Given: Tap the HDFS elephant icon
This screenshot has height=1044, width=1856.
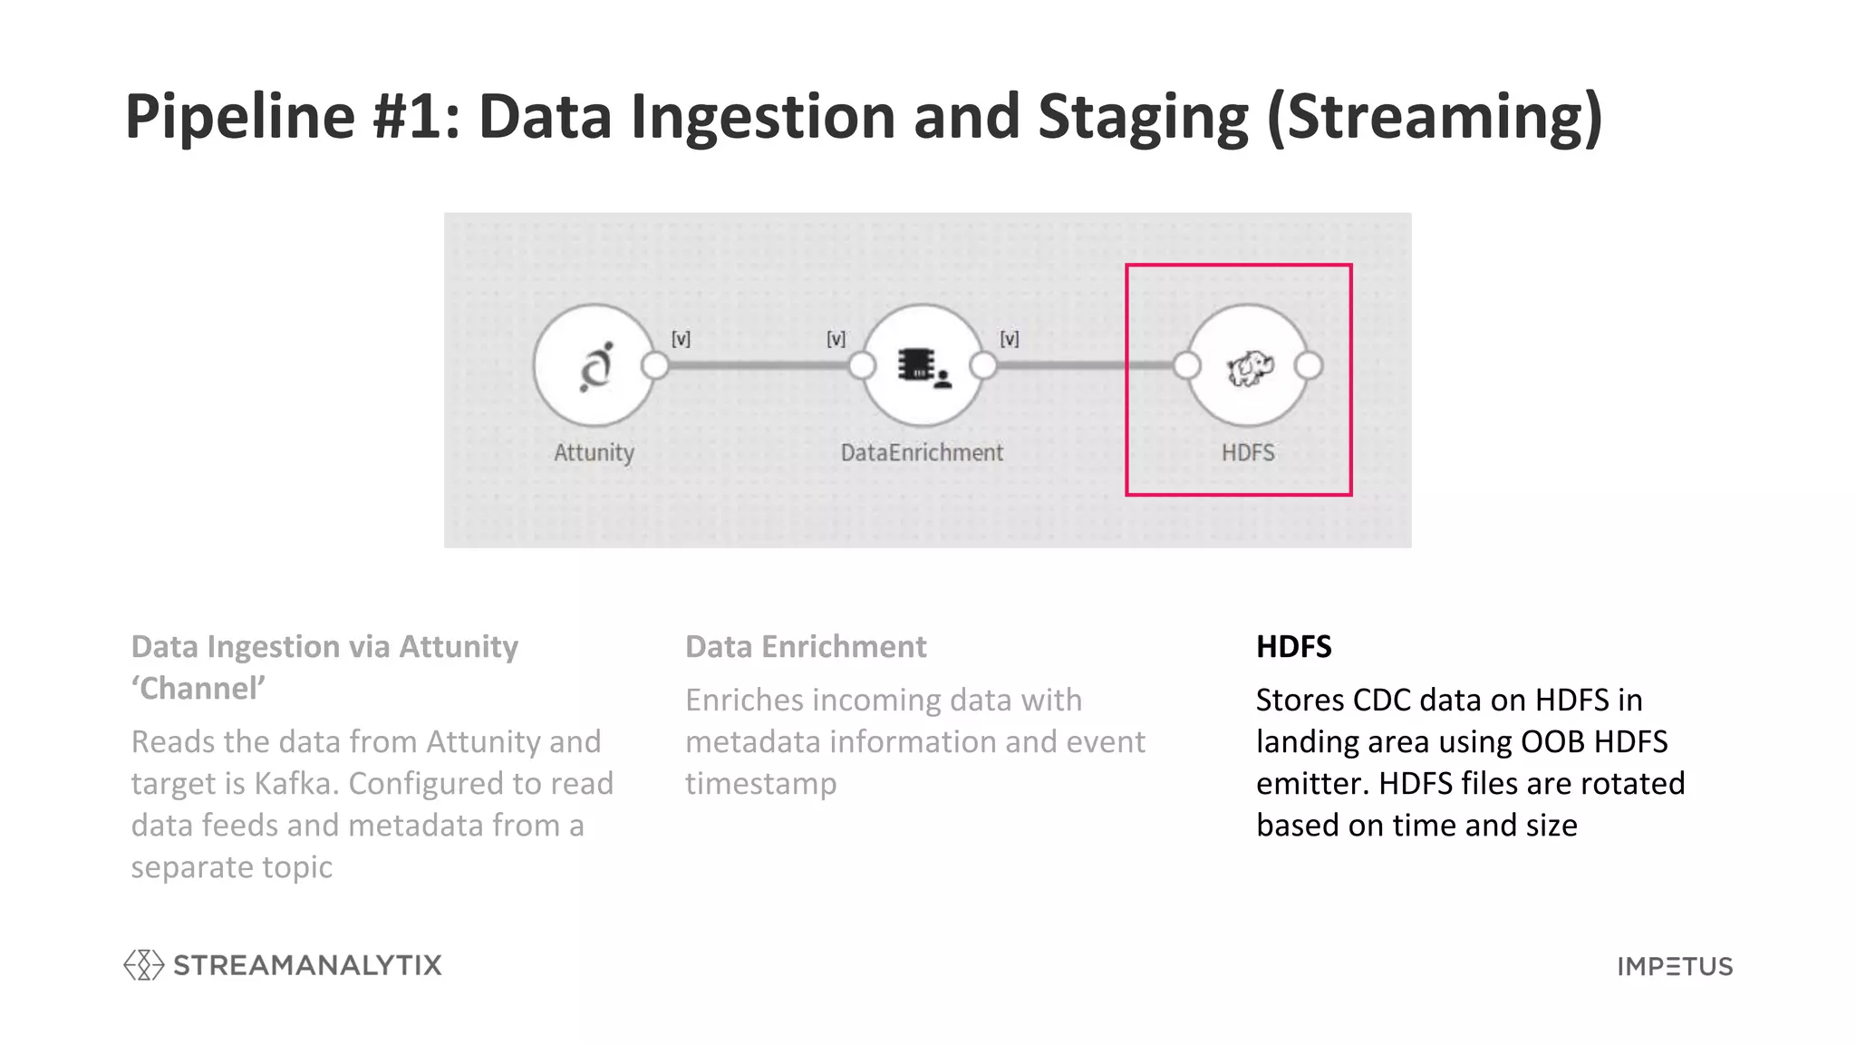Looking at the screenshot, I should (x=1249, y=367).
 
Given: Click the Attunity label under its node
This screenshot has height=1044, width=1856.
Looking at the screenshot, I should (x=594, y=452).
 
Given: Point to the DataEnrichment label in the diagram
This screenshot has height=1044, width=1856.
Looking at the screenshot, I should (x=922, y=452).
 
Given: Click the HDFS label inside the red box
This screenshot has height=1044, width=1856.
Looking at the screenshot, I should (x=1248, y=452).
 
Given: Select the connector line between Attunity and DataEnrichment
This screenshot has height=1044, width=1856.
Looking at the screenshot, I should (x=758, y=365).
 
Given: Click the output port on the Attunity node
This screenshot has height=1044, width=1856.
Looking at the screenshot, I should (x=654, y=365).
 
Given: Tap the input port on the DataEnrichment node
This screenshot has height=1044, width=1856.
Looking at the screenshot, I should (x=862, y=365).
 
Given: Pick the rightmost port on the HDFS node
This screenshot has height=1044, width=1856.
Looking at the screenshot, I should (x=1308, y=365).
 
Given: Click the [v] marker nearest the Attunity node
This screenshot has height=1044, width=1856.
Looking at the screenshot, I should (x=681, y=339).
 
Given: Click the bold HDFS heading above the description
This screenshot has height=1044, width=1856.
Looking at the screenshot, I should (x=1293, y=646).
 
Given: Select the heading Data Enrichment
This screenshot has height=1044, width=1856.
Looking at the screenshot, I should (x=806, y=646).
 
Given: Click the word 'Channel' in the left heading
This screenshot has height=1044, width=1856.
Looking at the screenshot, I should (x=198, y=689).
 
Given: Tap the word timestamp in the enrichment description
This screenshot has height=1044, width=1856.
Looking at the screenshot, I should (x=760, y=783).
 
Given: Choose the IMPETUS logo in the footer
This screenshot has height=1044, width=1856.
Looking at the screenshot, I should (x=1675, y=966).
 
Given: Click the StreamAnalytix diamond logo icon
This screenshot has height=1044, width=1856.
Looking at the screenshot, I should (x=143, y=965).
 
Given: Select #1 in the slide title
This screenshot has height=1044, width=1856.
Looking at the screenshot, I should (x=416, y=117).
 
